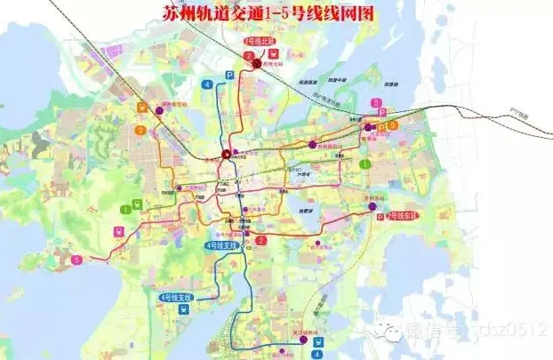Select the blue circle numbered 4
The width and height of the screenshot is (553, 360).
(207, 84)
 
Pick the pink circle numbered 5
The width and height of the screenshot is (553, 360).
(77, 260)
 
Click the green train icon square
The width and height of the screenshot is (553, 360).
(136, 206)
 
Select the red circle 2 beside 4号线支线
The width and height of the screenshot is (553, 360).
(260, 239)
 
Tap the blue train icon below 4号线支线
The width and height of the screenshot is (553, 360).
(182, 310)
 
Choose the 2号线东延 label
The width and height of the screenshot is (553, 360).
(402, 216)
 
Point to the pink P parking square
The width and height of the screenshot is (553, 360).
(382, 113)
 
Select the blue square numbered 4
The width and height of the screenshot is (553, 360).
(317, 354)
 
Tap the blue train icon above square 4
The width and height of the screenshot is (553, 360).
(307, 340)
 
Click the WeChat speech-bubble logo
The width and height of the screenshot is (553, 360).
(385, 331)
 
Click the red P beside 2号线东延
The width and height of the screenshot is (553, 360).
(381, 217)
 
